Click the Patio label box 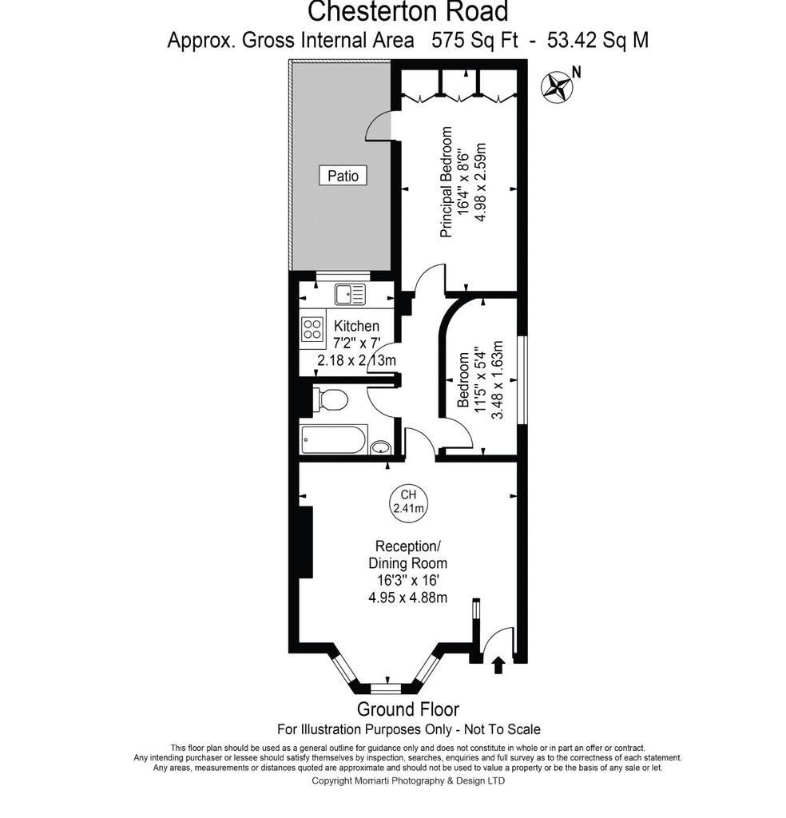pos(343,175)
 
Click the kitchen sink pos(350,294)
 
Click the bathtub pos(334,440)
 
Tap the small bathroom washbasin pos(381,447)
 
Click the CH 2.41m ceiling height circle pos(408,502)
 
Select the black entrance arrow pos(498,665)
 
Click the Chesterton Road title pos(408,11)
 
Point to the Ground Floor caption pos(408,709)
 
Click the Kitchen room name pos(356,326)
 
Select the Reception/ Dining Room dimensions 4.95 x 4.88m pos(408,598)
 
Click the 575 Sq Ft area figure pos(474,40)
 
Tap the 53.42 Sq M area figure pos(597,40)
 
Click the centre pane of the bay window pos(387,689)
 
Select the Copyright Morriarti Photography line pos(408,781)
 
